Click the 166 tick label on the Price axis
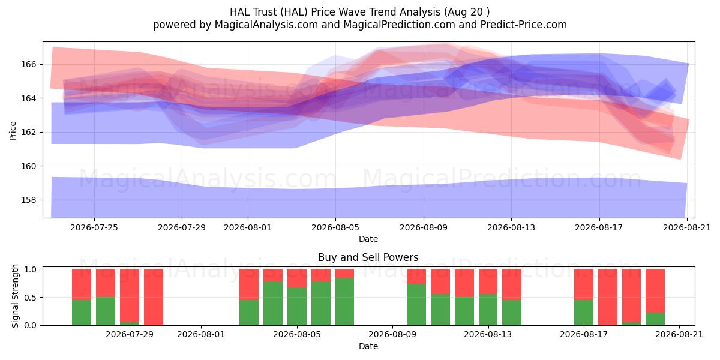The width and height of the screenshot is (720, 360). point(28,65)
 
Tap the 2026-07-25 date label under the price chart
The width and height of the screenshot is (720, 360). point(94,227)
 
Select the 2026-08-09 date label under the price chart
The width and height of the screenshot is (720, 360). point(424,227)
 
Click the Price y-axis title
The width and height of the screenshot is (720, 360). point(13,131)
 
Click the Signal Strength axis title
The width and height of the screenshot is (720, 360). point(15,296)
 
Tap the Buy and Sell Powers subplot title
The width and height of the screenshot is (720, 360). point(368,257)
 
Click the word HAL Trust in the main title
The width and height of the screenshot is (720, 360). point(253,12)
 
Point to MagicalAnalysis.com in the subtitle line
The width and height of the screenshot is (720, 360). point(266,25)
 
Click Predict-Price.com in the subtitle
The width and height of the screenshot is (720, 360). point(524,25)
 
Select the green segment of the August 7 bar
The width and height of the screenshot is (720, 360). point(344,302)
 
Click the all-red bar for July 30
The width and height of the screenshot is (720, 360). point(154,297)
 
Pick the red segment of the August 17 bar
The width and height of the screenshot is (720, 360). point(584,284)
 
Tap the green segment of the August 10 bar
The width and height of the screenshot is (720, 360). point(416,305)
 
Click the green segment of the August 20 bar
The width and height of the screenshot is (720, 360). point(655,319)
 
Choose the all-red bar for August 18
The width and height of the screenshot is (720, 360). point(608,297)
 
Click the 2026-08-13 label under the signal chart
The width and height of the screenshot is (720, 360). point(488,335)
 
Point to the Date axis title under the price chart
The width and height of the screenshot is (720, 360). point(368,239)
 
